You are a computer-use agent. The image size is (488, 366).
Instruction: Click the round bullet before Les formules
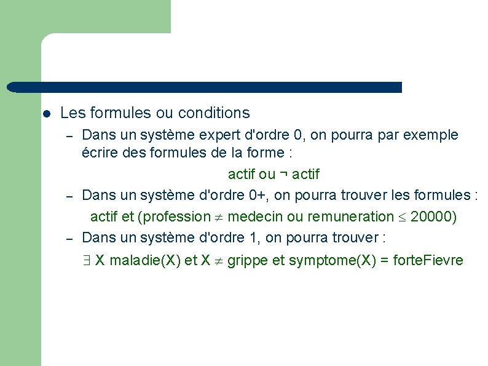[x=46, y=114]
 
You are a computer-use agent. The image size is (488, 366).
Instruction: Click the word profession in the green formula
[x=176, y=217]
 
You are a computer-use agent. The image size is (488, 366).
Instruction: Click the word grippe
[x=248, y=261]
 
